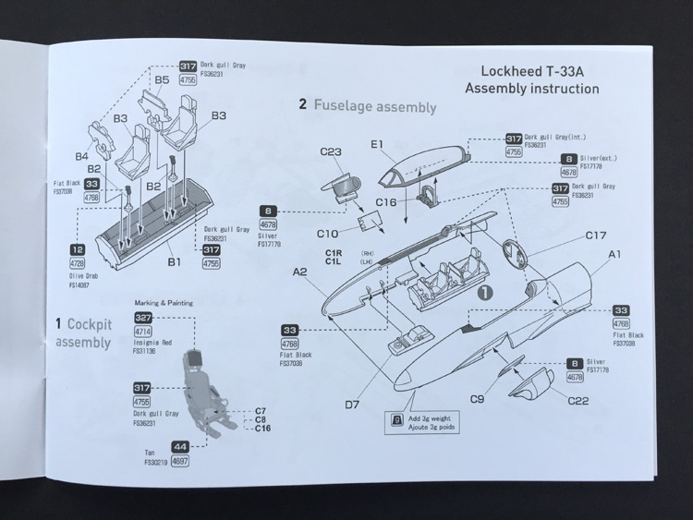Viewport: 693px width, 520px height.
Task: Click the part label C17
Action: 595,235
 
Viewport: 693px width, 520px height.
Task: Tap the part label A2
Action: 300,272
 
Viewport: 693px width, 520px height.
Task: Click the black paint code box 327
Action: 143,317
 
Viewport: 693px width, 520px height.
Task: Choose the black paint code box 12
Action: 79,249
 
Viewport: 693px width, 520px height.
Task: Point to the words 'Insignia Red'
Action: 152,341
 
